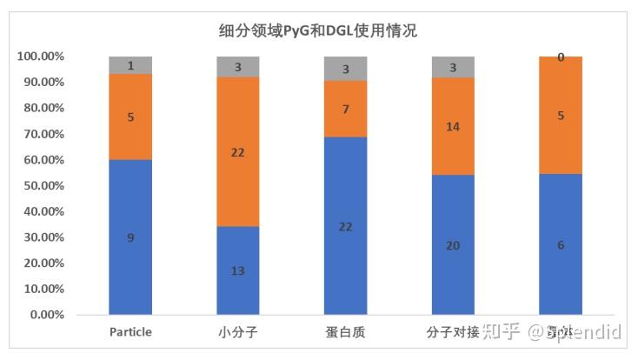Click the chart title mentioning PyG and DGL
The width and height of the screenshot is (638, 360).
tap(318, 31)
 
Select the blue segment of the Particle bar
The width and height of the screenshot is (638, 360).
tap(130, 237)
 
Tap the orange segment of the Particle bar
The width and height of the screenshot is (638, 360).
tap(130, 117)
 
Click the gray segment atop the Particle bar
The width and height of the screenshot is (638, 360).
tap(130, 65)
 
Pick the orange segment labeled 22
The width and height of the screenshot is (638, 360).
tap(238, 151)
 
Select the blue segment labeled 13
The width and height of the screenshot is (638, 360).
tap(238, 270)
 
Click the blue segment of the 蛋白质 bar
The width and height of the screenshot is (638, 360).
tap(345, 225)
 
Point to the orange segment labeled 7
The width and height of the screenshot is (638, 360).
tap(345, 109)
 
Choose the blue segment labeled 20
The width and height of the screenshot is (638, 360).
tap(453, 245)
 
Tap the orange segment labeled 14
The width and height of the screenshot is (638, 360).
tap(453, 127)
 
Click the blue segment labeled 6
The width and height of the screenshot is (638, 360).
tap(561, 244)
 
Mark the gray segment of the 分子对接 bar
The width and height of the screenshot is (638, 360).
tap(453, 67)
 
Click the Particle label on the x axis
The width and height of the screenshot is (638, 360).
tap(130, 332)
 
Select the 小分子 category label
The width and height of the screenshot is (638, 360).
tap(238, 332)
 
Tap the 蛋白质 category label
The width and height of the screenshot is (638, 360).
tap(345, 332)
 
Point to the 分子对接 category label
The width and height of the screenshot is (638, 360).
tap(453, 332)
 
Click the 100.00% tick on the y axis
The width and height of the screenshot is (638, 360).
tap(40, 57)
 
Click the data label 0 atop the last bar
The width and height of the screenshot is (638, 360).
tap(561, 57)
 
